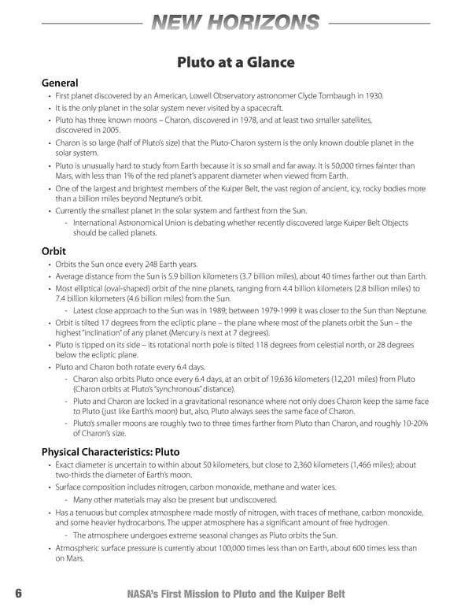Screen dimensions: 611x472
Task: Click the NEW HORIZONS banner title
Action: click(236, 24)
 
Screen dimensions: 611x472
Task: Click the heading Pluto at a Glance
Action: click(235, 62)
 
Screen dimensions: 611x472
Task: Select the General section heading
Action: click(61, 83)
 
